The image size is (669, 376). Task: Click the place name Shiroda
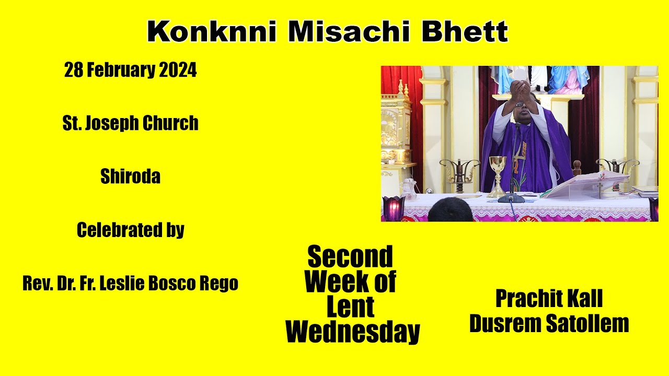tap(130, 177)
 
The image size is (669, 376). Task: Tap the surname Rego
tap(221, 284)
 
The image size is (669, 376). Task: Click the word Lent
tap(350, 307)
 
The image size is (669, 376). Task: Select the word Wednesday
tap(353, 332)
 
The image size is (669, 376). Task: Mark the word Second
tap(350, 257)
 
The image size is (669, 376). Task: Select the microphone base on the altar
tap(511, 198)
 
